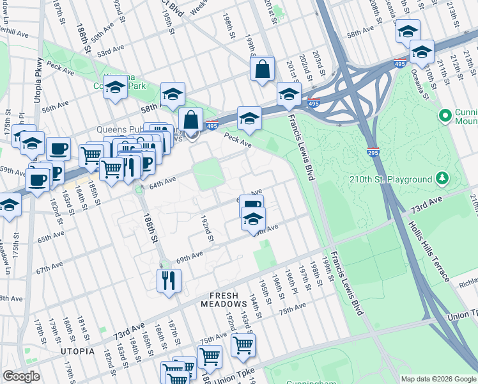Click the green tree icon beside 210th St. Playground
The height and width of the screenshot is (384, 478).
[x=441, y=178]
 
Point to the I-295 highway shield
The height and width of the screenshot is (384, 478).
[x=374, y=152]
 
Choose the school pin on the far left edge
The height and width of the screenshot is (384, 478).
[x=9, y=205]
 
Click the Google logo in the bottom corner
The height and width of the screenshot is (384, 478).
[x=21, y=376]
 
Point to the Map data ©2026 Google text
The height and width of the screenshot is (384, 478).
[x=438, y=379]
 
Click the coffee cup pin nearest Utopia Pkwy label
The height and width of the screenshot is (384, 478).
[x=58, y=148]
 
